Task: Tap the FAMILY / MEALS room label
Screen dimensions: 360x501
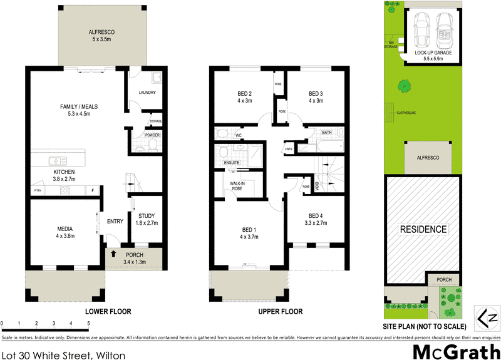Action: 75,110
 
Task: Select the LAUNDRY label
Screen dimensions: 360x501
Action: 147,93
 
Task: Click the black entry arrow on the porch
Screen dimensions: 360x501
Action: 113,254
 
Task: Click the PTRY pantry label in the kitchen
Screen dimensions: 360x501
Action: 38,190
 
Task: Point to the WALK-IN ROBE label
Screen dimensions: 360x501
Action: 237,185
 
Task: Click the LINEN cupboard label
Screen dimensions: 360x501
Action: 289,149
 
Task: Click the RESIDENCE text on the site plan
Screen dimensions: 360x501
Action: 423,229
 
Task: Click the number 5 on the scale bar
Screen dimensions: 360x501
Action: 88,323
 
